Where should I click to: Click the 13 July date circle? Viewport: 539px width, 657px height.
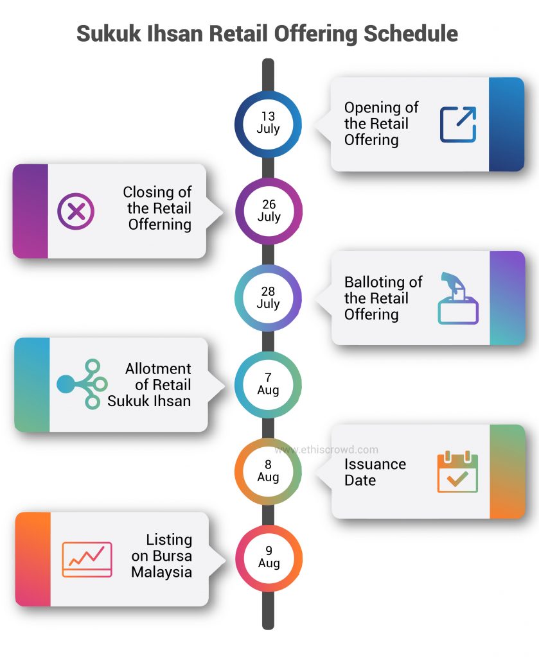point(268,123)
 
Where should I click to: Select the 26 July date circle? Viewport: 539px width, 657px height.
point(268,210)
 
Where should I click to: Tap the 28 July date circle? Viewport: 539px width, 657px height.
point(268,298)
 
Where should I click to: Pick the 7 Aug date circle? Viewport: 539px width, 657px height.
point(268,384)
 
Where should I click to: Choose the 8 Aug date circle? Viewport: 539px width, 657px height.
point(268,471)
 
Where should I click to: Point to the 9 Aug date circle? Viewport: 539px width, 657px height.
point(268,557)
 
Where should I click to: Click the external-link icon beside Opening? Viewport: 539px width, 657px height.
point(458,124)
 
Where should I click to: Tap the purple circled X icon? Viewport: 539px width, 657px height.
point(76,211)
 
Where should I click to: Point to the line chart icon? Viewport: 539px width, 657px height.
point(87,559)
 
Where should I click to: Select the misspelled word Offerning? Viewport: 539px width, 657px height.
point(159,225)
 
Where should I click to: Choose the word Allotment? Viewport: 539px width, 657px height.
point(158,369)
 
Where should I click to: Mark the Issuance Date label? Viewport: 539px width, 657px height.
point(375,472)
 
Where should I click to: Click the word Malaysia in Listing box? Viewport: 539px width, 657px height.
point(161,572)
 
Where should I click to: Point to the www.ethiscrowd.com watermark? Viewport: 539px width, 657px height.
point(326,450)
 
